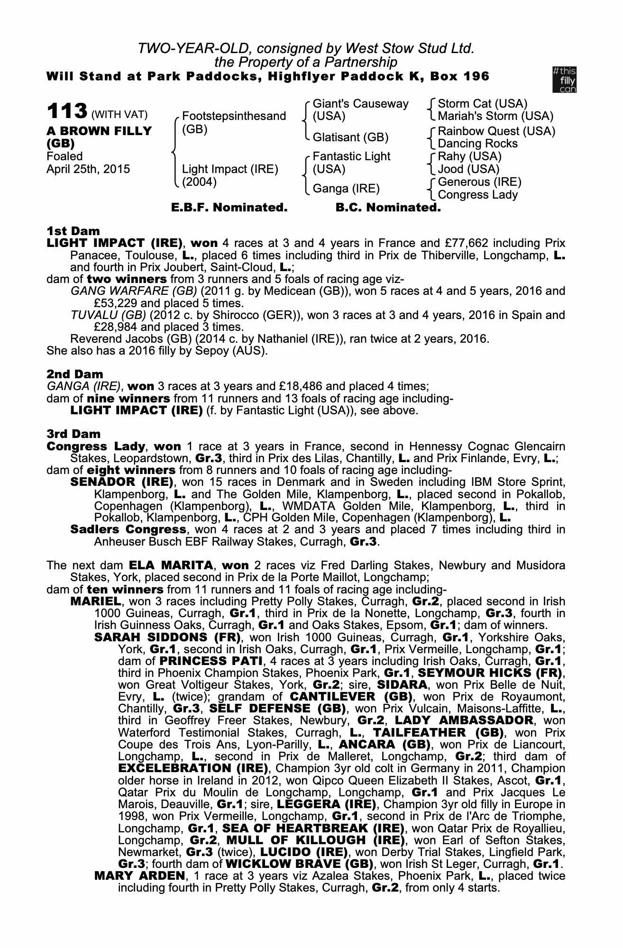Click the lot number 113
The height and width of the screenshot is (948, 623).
coord(66,112)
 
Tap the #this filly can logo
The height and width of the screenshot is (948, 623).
coord(564,80)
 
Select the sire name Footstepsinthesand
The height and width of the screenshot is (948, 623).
coord(234,116)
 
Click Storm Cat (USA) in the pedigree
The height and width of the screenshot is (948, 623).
coord(482,104)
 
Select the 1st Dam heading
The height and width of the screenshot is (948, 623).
coord(73,231)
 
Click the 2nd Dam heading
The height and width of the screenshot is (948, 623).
coord(74,374)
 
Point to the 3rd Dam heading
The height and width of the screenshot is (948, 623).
coord(74,434)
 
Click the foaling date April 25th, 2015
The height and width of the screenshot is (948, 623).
coord(88,169)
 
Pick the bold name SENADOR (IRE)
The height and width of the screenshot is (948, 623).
coord(121,483)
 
